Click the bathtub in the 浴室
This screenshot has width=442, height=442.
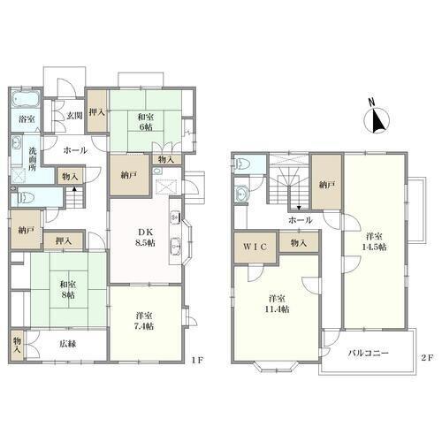point(26,99)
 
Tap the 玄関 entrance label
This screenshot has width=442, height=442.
point(73,116)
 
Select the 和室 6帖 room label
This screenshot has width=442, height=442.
point(146,122)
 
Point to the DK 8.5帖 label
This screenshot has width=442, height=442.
point(146,237)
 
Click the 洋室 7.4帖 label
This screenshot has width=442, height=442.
point(144,321)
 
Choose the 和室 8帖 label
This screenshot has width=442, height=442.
point(68,290)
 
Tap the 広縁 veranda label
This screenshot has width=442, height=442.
point(68,344)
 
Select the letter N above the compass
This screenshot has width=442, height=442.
point(372,102)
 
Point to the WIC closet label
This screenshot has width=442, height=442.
point(255,247)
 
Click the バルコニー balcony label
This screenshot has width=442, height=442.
point(369,353)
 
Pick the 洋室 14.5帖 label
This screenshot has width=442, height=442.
point(374,241)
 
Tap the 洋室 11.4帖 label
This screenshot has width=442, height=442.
point(277,304)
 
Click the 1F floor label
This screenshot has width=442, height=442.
point(197,360)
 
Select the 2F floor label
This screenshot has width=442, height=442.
point(427,358)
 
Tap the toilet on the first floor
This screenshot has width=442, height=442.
point(25,197)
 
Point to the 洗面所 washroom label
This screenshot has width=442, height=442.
point(32,159)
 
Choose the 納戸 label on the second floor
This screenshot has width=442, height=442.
point(327,185)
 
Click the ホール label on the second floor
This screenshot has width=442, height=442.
point(301,220)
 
